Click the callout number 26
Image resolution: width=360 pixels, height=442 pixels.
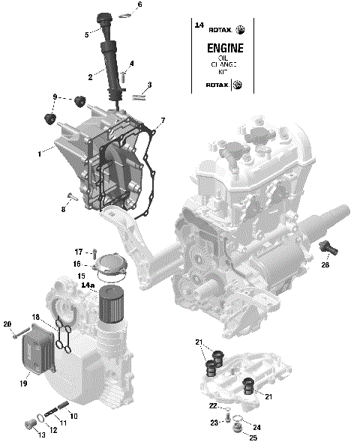[325, 264]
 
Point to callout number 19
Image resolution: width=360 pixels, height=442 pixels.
[24, 384]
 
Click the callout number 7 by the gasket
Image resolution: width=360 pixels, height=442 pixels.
[163, 121]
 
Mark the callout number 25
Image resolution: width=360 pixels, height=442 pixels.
[252, 438]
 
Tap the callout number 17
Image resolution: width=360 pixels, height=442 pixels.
[78, 251]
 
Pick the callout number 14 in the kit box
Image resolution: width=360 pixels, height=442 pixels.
[199, 25]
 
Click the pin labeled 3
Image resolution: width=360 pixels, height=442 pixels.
[139, 95]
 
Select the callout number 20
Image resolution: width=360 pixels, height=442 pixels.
[7, 324]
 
